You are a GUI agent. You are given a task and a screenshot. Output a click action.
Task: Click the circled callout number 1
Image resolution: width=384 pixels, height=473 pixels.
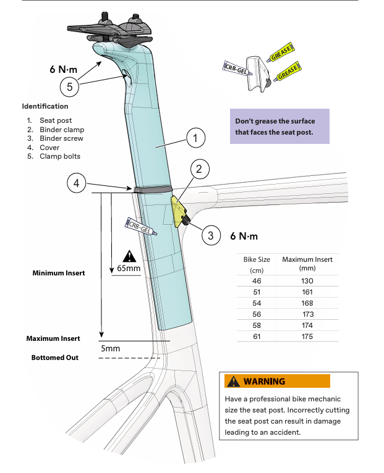195,139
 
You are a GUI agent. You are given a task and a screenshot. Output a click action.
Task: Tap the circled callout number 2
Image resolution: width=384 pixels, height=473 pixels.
200,169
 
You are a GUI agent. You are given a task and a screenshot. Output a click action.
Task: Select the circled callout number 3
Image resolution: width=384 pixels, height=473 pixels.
210,235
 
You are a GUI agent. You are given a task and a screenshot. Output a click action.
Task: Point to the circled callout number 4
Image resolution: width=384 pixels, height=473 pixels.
77,183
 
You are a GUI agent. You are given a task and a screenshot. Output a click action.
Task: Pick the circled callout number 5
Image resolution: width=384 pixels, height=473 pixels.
70,87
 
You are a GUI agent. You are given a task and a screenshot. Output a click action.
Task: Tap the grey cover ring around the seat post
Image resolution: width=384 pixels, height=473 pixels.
152,189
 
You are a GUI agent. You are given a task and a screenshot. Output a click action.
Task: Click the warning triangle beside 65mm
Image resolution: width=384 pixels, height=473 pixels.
129,256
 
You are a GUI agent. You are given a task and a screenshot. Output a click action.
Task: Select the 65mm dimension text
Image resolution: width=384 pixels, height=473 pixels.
128,270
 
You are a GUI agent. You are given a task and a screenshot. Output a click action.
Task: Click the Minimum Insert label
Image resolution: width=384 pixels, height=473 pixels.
59,272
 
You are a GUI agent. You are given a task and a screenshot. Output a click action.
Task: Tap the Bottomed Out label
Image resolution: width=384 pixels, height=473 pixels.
55,358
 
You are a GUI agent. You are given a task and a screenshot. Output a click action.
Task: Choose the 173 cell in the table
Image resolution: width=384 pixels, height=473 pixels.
307,314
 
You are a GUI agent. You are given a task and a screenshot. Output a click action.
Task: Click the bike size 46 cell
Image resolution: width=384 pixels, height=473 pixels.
257,281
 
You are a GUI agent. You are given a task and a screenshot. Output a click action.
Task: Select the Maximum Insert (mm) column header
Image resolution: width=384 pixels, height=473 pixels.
307,264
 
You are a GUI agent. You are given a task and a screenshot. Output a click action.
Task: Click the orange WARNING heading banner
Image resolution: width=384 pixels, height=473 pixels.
278,381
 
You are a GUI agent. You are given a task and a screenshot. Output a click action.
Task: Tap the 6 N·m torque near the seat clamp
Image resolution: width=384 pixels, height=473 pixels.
63,70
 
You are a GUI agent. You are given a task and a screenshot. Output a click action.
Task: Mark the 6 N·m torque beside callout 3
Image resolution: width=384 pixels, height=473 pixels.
244,236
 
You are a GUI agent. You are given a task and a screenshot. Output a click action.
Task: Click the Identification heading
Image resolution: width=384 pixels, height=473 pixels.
45,106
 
